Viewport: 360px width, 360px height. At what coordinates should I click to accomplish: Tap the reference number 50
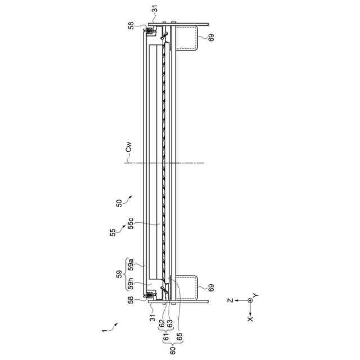coord(119,203)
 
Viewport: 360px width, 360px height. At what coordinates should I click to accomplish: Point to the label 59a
coord(130,263)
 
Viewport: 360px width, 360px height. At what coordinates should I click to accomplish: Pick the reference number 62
coord(162,325)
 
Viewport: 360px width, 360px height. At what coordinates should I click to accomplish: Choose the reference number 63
coord(169,325)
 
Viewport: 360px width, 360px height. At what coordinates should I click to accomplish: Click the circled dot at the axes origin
coord(250,300)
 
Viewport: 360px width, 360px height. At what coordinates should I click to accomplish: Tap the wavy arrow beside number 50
coord(129,197)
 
